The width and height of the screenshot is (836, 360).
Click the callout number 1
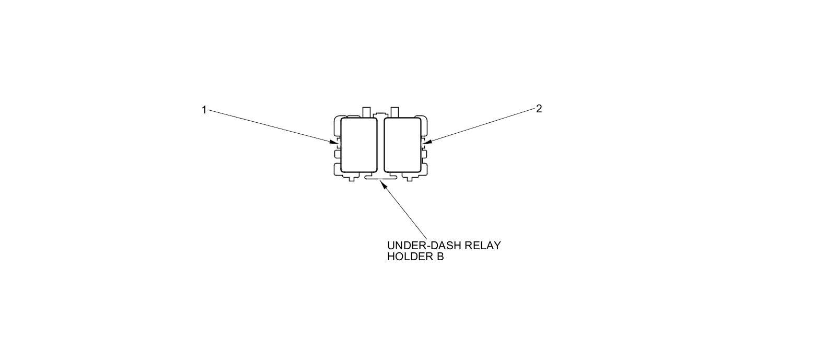(204, 110)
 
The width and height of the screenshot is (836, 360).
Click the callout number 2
(539, 109)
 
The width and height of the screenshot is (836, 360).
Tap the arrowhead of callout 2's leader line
(425, 142)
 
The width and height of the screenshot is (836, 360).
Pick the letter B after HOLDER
(440, 257)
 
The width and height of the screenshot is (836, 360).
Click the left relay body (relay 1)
(358, 145)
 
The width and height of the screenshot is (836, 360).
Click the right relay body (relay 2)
(402, 145)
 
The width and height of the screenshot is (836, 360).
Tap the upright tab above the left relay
(366, 112)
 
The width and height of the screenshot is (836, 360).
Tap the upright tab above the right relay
(394, 112)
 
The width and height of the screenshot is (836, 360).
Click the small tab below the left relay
(351, 178)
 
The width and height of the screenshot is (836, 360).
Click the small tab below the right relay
(410, 178)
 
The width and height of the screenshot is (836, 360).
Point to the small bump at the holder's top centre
(380, 114)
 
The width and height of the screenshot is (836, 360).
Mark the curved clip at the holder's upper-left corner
(337, 123)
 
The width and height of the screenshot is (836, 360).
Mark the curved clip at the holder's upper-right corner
(424, 123)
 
